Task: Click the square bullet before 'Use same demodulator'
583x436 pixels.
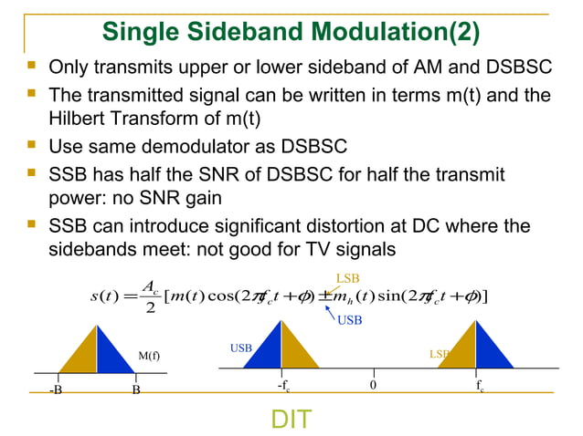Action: click(33, 145)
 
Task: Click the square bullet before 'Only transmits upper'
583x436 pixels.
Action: click(33, 67)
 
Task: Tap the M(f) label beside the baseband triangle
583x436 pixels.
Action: click(149, 356)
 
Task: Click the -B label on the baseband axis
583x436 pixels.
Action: click(57, 389)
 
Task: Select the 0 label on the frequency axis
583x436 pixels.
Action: click(373, 386)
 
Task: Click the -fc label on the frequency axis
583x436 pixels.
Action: click(283, 387)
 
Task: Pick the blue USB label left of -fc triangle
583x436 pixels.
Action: click(239, 348)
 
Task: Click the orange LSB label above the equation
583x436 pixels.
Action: click(347, 277)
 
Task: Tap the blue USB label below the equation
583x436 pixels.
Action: click(350, 320)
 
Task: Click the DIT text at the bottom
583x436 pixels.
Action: click(291, 419)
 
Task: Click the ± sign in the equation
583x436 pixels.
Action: click(325, 297)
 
